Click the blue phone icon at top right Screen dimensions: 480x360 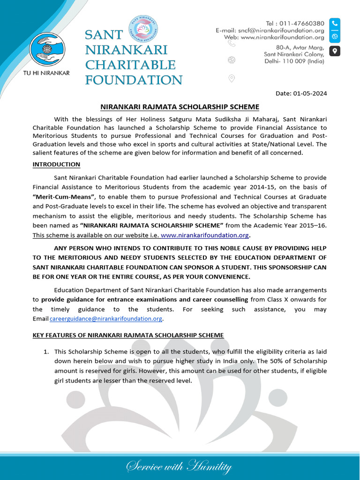click(335, 23)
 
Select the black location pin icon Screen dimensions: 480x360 click(335, 51)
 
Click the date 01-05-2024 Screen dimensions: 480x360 click(309, 93)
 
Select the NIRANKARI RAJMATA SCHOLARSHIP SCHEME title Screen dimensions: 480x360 click(180, 107)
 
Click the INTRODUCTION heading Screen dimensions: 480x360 click(56, 164)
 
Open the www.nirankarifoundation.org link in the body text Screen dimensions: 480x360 click(205, 235)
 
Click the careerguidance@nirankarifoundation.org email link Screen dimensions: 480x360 click(106, 319)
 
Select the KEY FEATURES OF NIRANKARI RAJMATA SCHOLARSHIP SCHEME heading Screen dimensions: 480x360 click(128, 335)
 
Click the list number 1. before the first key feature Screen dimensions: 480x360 click(46, 352)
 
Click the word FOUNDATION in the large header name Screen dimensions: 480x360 click(134, 80)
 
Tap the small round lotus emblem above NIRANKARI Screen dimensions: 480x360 click(144, 29)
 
